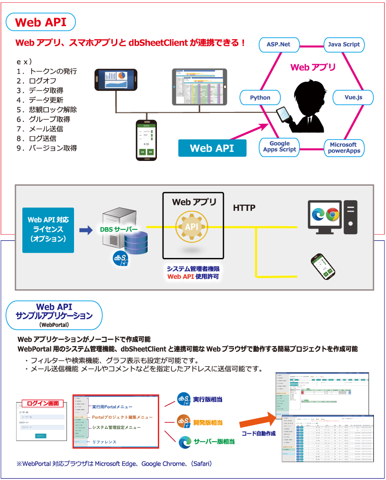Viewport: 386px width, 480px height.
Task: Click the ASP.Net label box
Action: click(x=278, y=44)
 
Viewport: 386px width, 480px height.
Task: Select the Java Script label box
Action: click(x=344, y=44)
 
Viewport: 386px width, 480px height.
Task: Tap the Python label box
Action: click(x=260, y=97)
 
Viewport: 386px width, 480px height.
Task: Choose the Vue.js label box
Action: click(x=353, y=97)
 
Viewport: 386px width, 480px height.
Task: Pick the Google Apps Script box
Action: click(x=279, y=146)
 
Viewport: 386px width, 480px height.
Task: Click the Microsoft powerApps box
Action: click(x=344, y=148)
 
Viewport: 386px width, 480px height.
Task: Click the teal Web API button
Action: click(x=212, y=148)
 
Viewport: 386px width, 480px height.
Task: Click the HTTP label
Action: click(x=244, y=208)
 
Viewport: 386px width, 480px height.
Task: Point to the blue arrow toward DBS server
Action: click(x=86, y=230)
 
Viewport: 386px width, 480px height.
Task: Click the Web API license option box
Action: click(x=48, y=230)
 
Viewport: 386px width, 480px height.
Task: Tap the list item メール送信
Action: click(x=46, y=129)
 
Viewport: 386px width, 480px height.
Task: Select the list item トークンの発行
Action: click(x=53, y=72)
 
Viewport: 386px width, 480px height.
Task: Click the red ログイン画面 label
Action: click(x=43, y=403)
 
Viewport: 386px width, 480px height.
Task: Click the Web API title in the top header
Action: click(x=41, y=22)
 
